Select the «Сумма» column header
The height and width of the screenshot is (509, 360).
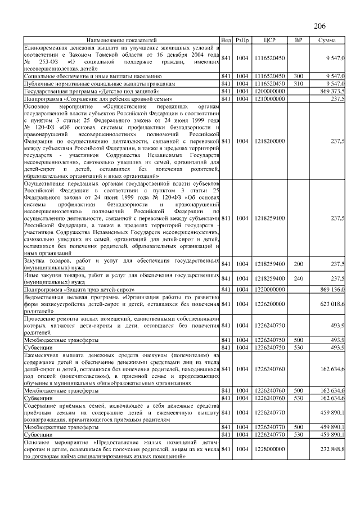(327, 40)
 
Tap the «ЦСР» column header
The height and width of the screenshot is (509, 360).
(269, 40)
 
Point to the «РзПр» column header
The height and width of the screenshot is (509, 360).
(242, 40)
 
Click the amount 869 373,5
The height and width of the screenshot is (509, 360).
(332, 91)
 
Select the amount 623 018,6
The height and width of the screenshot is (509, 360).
(332, 304)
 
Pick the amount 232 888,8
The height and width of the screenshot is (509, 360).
(332, 449)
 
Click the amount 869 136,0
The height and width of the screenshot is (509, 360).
(332, 289)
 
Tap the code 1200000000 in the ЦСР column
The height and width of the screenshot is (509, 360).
(270, 91)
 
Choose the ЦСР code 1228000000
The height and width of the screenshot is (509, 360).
(270, 449)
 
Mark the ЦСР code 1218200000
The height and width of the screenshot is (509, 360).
(270, 141)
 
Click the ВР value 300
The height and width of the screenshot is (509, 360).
(299, 75)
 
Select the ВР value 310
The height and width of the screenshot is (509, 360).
(299, 83)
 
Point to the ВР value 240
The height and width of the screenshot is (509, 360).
(299, 278)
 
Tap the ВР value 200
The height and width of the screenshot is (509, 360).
(299, 263)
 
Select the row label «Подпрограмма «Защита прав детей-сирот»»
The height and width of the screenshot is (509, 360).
(79, 289)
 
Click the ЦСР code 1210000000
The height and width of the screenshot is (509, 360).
(270, 98)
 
